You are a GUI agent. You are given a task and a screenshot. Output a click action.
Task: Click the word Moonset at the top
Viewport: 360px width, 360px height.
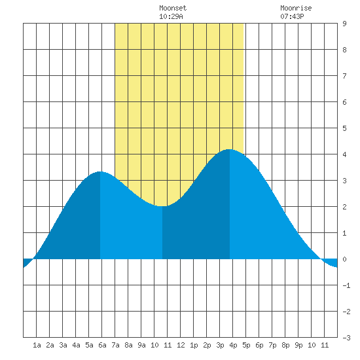coord(173,8)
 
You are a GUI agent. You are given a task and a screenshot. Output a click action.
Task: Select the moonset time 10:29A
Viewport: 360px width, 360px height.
coord(171,16)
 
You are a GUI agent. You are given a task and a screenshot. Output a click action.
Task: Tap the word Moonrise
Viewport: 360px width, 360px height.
coord(296,8)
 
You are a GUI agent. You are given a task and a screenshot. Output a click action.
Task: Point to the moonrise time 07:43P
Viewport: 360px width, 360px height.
coord(292,16)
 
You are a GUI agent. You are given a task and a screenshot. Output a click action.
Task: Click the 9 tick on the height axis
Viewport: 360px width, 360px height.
coord(344,24)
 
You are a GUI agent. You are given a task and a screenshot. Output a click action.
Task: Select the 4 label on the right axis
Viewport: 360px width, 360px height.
coord(344,154)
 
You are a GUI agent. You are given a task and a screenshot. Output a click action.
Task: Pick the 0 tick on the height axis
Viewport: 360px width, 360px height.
coord(344,259)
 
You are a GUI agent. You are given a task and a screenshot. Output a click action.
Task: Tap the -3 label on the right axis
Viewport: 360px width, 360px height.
coord(346,338)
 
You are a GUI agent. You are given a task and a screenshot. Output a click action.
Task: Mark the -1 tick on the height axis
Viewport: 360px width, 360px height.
coord(346,285)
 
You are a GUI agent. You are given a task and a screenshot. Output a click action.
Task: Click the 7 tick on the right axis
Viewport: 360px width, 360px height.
coord(344,76)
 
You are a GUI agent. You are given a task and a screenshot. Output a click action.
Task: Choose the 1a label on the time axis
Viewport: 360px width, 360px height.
coord(37,345)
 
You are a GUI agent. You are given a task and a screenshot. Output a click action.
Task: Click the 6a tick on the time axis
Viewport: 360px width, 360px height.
coord(102,345)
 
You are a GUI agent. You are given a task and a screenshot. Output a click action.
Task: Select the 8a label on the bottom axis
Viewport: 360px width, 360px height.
coord(128,345)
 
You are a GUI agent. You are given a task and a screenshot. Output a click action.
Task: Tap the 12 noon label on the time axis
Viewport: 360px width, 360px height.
coord(181,345)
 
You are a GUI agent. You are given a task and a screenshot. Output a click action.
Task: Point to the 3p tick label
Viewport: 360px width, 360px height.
coord(220,345)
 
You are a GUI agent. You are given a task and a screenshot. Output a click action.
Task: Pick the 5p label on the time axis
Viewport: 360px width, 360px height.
coord(246,345)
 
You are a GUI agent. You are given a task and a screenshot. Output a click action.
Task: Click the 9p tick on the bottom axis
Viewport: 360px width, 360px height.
coord(298,345)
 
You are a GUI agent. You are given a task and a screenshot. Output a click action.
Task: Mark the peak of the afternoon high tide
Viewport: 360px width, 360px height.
coord(230,149)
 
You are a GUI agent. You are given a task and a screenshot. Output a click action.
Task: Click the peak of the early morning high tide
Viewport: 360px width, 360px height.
coord(100,171)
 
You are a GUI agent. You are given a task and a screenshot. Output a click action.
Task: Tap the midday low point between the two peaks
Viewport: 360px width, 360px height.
coord(162,206)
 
